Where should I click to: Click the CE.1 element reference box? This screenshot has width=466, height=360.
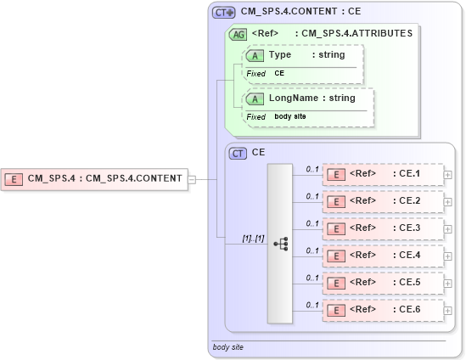tap(383, 175)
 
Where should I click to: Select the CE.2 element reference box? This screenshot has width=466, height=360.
tap(383, 201)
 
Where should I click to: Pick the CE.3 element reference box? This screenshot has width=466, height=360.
tap(383, 228)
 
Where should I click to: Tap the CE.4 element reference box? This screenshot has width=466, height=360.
tap(383, 255)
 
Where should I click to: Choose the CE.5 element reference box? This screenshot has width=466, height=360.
tap(383, 282)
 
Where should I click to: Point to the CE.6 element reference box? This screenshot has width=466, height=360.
tap(383, 310)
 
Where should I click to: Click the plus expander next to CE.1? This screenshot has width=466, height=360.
tap(447, 176)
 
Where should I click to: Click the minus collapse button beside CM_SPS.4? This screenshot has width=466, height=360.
tap(192, 179)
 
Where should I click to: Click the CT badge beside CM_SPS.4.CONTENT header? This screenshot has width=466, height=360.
tap(224, 12)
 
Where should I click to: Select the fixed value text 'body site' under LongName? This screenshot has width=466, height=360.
tap(290, 116)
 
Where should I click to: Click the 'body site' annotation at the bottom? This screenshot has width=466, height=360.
tap(229, 347)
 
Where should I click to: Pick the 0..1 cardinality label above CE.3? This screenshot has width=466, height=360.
tap(312, 222)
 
